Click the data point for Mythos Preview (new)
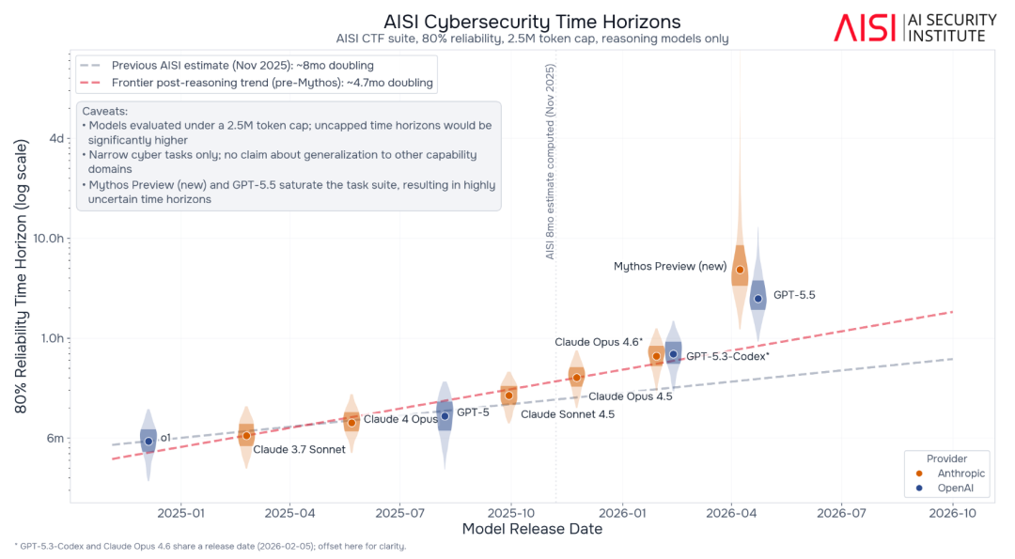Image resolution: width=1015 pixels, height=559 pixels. tap(740, 270)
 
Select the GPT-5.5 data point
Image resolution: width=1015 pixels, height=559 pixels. tap(758, 299)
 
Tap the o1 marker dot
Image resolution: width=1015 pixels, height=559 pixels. tap(148, 442)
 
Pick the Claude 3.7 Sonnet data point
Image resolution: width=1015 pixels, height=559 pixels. tap(246, 436)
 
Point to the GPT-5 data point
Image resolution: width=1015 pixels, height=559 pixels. tap(445, 416)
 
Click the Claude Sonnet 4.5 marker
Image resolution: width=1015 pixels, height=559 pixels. tap(508, 396)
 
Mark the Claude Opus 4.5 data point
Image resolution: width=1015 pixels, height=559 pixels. tap(577, 377)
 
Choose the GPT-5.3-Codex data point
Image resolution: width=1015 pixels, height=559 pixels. tap(673, 354)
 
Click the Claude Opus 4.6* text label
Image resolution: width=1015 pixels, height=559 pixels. tap(599, 342)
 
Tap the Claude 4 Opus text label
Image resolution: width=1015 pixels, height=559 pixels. tap(400, 419)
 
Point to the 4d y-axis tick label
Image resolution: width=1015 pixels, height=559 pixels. tap(57, 138)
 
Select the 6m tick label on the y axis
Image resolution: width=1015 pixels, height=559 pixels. tap(55, 438)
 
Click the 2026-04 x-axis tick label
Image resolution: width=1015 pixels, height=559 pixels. tap(731, 513)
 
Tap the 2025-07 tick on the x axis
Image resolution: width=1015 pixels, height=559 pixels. tap(399, 513)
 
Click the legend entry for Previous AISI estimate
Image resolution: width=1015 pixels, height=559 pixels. tap(226, 66)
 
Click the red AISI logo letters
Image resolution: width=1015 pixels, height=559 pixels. tap(865, 28)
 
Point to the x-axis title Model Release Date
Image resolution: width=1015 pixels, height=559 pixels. tap(532, 529)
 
